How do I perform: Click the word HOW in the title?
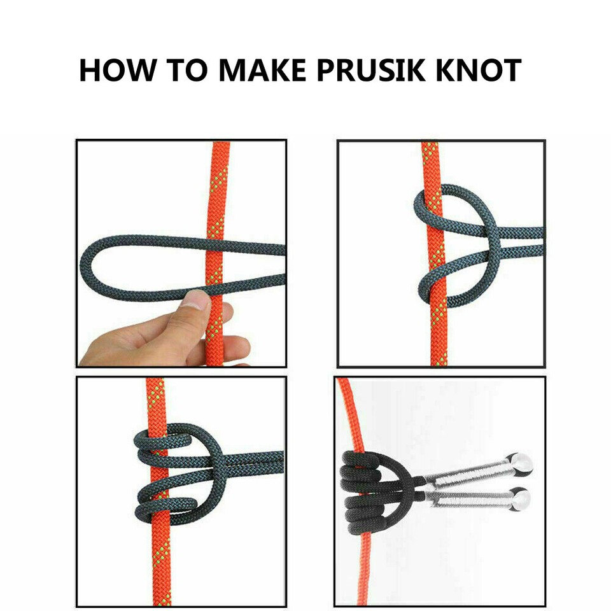click(117, 70)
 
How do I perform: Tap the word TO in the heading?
click(187, 70)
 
